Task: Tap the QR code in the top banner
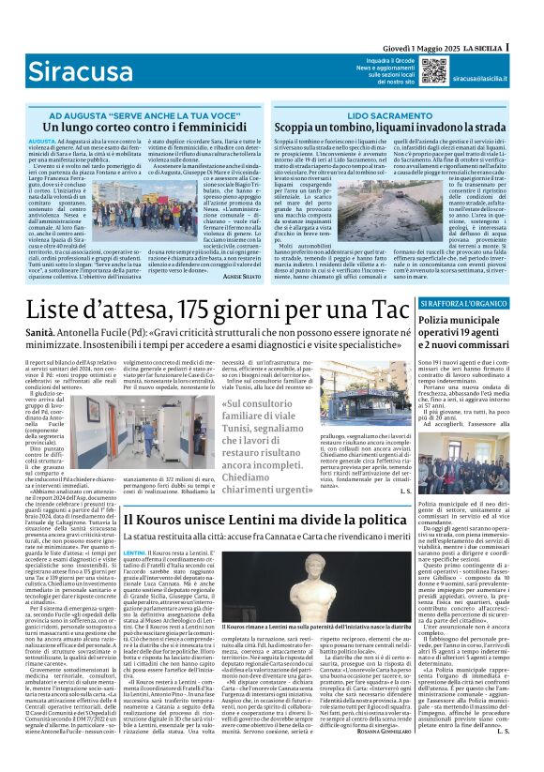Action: pos(432,69)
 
